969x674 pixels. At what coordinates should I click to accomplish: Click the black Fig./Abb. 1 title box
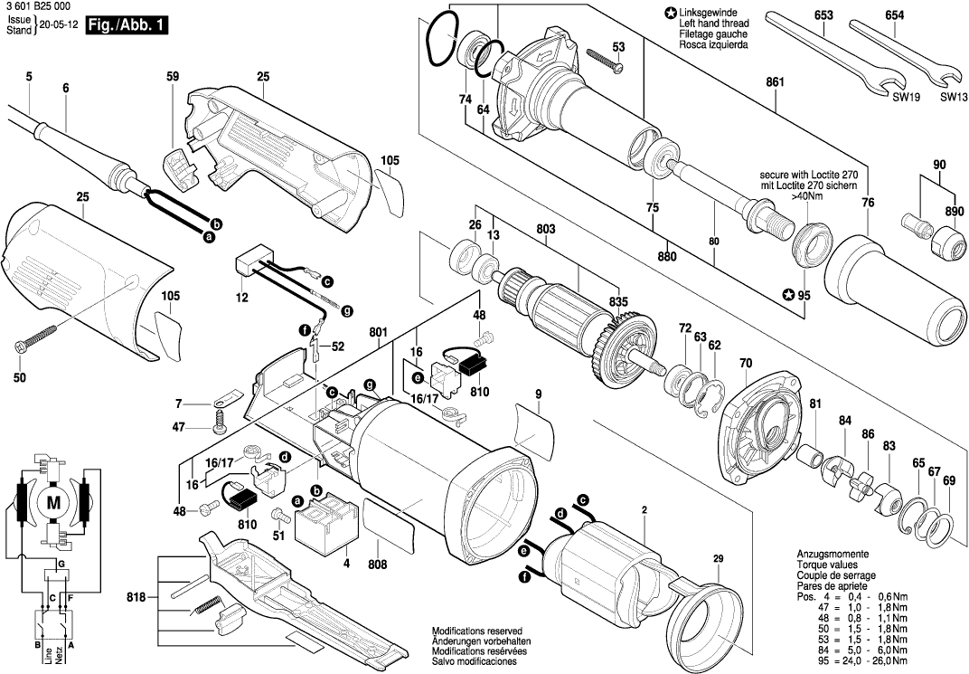[x=127, y=26]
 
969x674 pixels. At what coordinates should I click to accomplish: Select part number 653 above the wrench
[x=823, y=16]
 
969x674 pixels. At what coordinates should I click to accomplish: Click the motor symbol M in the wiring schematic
[x=54, y=502]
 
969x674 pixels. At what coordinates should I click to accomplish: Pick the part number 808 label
[x=378, y=565]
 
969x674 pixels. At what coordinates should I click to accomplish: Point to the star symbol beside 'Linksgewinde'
[x=670, y=14]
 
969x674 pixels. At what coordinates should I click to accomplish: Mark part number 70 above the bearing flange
[x=746, y=365]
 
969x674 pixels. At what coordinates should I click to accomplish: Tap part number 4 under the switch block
[x=345, y=564]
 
